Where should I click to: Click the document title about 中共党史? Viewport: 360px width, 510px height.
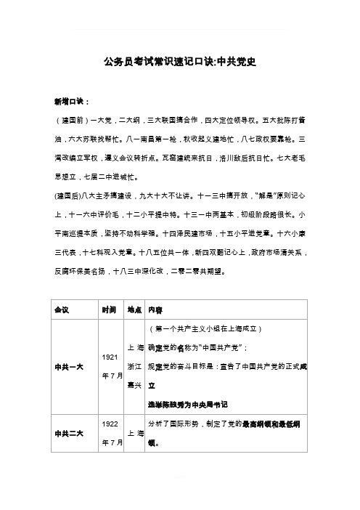(179, 62)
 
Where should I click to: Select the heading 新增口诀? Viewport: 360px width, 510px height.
(69, 101)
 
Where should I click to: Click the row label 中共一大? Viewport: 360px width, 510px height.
(67, 365)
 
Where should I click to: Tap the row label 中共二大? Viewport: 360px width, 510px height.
(67, 433)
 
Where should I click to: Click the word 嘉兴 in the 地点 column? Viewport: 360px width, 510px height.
(134, 383)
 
